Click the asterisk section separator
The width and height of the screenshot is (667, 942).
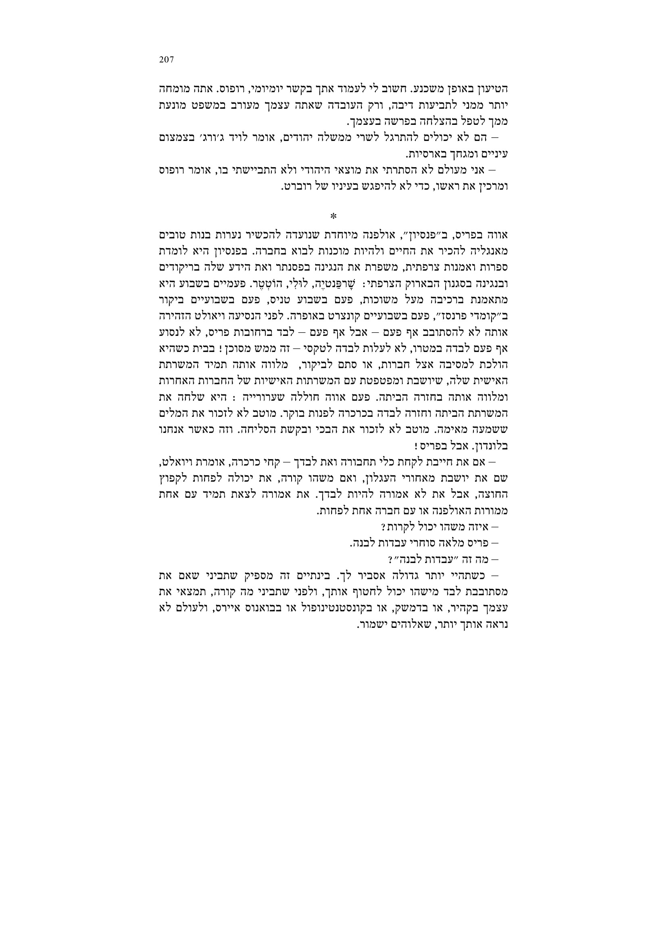333,216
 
